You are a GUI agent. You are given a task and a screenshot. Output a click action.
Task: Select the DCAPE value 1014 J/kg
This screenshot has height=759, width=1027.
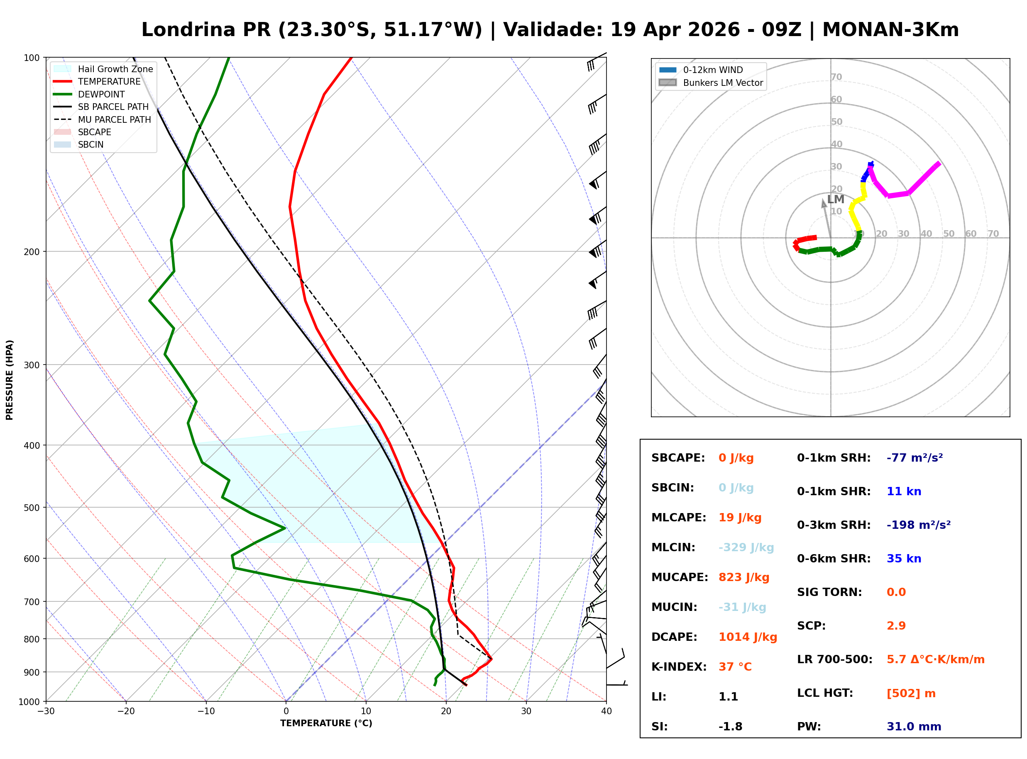[748, 637]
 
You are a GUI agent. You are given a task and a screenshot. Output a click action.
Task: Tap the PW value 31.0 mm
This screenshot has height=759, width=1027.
[913, 726]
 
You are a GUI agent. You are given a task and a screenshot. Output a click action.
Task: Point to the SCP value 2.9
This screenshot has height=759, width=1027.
[896, 625]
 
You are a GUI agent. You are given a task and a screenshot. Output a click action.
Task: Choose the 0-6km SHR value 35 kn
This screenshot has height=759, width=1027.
[904, 558]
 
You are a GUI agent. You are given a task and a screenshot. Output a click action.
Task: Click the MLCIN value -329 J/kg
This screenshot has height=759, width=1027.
[746, 547]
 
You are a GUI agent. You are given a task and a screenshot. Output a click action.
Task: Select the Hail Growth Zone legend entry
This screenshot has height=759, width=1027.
[115, 69]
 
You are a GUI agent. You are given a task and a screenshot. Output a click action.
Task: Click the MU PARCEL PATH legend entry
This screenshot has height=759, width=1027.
[114, 119]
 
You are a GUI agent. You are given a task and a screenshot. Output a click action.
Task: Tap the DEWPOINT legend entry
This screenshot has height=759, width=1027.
[101, 94]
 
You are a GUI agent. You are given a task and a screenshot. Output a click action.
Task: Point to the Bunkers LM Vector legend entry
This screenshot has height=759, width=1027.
[723, 83]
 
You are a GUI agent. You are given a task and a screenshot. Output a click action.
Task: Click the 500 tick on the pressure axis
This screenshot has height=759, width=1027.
[31, 508]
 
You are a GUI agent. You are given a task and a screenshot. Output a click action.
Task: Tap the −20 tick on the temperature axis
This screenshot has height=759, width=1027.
[125, 711]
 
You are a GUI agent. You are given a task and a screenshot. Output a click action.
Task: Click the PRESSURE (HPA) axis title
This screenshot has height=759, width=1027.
[10, 379]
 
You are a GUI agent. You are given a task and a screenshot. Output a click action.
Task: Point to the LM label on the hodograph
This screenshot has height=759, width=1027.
[835, 199]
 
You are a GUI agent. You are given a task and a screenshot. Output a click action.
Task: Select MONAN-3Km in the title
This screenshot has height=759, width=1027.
[890, 30]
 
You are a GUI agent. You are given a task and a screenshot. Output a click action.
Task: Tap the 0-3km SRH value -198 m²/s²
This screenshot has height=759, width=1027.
[918, 525]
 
